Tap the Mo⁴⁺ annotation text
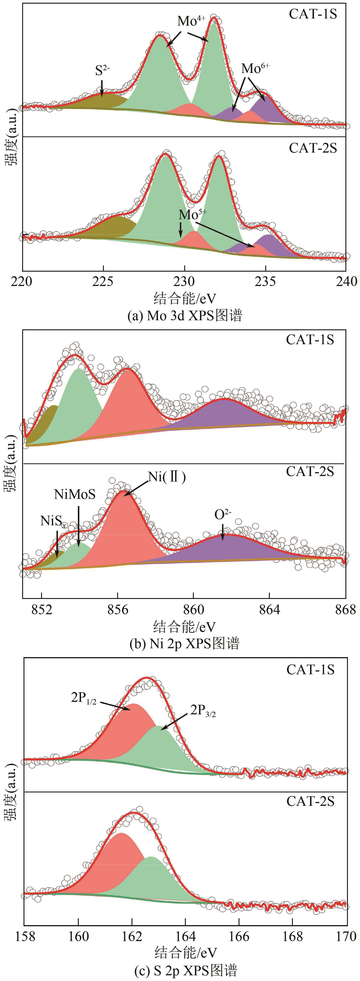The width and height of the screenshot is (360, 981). coord(191,21)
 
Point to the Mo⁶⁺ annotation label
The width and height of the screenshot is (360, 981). coord(255,69)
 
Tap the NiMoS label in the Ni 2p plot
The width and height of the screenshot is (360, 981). coord(75,494)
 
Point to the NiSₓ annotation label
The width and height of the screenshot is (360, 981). coord(53,521)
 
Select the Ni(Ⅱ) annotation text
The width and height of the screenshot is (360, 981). coord(167,477)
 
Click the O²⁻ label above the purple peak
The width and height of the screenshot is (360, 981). coord(223,515)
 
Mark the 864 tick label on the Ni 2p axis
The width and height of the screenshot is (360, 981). coord(269,610)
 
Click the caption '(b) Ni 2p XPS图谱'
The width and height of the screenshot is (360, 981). coord(184,644)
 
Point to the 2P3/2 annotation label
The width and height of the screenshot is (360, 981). coord(203,710)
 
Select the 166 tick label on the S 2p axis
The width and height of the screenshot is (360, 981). coord(239,937)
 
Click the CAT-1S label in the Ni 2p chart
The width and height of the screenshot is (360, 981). coord(310,339)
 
